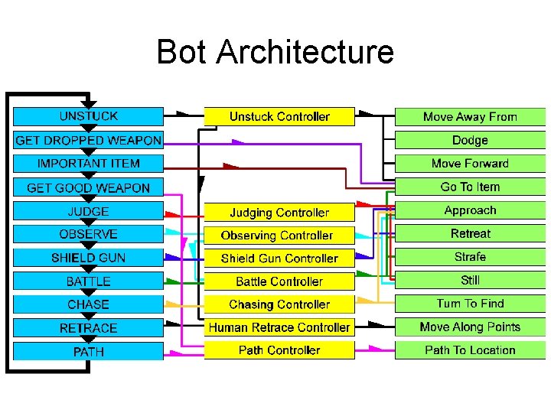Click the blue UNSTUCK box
(88, 116)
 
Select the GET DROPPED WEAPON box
(88, 140)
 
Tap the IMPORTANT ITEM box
(88, 164)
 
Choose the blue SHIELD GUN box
(88, 258)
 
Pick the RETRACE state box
(88, 328)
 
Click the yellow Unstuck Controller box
(279, 116)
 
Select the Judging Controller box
(279, 212)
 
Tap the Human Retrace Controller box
(279, 327)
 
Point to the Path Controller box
(279, 350)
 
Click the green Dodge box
(470, 140)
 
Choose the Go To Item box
(470, 187)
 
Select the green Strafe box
(470, 257)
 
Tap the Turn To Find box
(470, 304)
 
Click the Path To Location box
(470, 350)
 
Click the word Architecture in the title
(305, 51)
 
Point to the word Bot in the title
(181, 51)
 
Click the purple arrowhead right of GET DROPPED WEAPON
(238, 142)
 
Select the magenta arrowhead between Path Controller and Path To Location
(375, 349)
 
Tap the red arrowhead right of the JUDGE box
(172, 214)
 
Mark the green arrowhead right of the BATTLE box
(172, 281)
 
